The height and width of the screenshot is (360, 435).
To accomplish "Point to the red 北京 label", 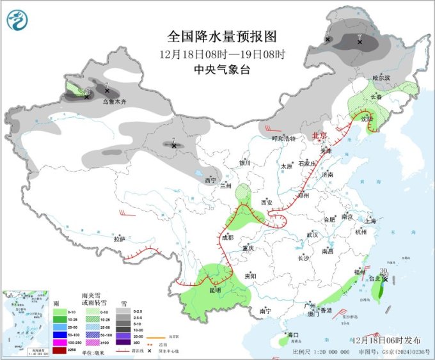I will coord(319,136).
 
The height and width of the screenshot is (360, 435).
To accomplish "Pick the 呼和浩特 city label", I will coord(284,138).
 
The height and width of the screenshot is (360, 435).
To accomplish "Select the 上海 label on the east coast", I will coord(370,221).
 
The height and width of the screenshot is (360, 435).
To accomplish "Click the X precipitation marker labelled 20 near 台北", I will coord(385,279).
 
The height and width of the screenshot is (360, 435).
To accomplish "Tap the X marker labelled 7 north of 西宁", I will coord(174,146).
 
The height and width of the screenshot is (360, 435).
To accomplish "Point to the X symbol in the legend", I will coord(149,350).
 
